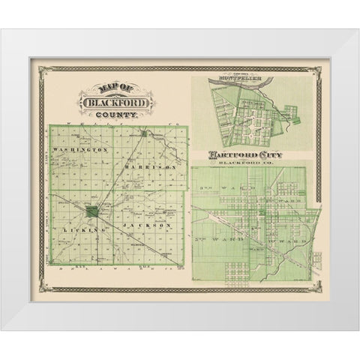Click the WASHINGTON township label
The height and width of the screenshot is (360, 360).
[x=81, y=150]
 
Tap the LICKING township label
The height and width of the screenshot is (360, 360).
[x=79, y=229]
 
